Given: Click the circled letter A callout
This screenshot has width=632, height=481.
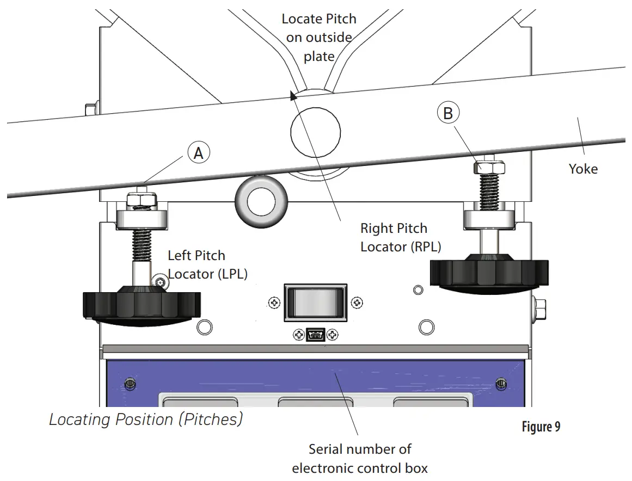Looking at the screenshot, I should [x=199, y=154].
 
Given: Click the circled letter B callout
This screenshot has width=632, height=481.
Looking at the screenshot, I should [x=448, y=113].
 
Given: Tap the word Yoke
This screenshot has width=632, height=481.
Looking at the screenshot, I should [x=583, y=169].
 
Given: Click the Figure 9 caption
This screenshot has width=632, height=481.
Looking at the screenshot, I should [x=541, y=427].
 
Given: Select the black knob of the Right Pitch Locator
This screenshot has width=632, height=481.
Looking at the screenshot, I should [x=488, y=272].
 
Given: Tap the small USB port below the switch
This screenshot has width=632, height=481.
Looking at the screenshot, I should [x=315, y=335].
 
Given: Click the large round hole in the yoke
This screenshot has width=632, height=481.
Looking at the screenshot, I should [x=315, y=133].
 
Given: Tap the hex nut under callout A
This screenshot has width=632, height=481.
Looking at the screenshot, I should [x=141, y=200].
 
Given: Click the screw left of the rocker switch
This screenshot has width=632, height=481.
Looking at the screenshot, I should [x=274, y=303].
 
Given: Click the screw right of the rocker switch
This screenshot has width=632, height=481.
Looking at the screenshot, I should [x=356, y=303].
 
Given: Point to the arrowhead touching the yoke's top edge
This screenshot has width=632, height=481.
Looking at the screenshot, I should [x=293, y=96].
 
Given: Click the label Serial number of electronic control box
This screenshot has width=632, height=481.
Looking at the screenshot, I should [x=360, y=458].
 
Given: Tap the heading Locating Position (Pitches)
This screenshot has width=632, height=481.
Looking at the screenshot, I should [x=146, y=420].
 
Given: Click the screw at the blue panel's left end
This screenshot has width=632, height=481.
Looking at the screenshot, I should [x=129, y=383].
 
